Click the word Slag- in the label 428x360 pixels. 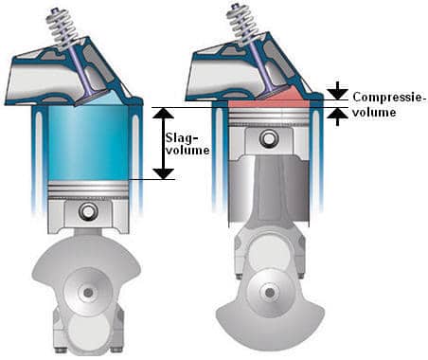pos(182,137)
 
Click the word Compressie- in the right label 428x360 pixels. pos(389,97)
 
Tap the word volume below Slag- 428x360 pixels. pos(187,151)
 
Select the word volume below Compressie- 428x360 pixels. pos(374,112)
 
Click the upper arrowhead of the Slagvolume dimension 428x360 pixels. pos(163,113)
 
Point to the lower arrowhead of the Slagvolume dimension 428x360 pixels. pos(163,173)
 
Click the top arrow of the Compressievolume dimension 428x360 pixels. pos(337,91)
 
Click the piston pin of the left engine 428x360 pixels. pos(87,210)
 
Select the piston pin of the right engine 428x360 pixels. pos(269,138)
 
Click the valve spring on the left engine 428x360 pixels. pos(61,27)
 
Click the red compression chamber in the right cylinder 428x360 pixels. pos(268,99)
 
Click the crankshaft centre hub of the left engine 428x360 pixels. pos(88,293)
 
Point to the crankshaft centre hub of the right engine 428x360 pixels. pos(270,293)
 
